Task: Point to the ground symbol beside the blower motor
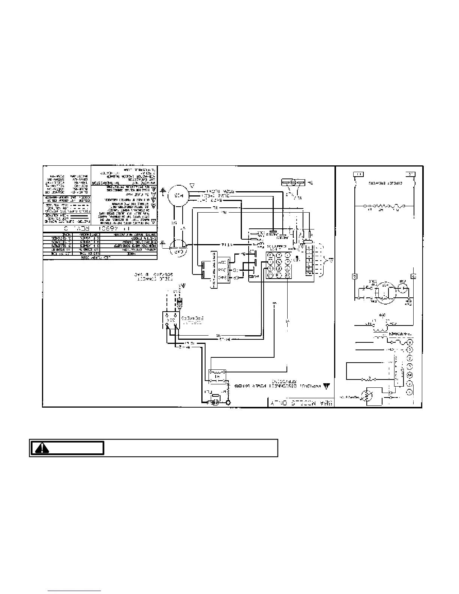coord(163,191)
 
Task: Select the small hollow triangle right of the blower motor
coord(192,185)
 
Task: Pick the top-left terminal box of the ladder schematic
coord(358,174)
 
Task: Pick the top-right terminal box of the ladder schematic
coord(410,174)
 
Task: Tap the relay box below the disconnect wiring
coord(217,376)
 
